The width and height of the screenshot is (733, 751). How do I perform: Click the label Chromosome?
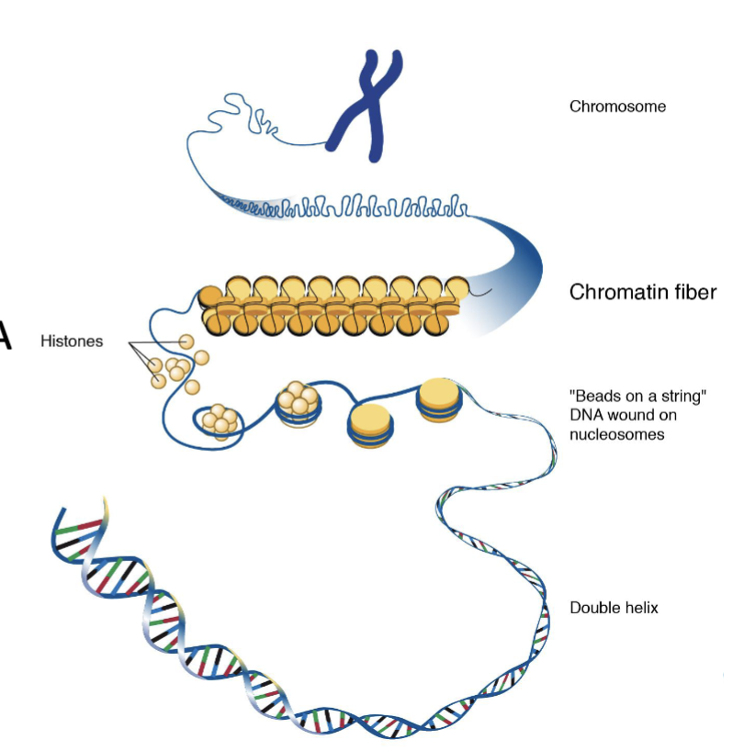point(617,106)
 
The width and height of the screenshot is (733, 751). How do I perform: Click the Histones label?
point(72,342)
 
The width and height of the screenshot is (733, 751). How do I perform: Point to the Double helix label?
point(614,608)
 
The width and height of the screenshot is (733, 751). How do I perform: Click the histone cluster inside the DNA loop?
point(220,420)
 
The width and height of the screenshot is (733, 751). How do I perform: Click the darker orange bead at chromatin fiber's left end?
point(210,297)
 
